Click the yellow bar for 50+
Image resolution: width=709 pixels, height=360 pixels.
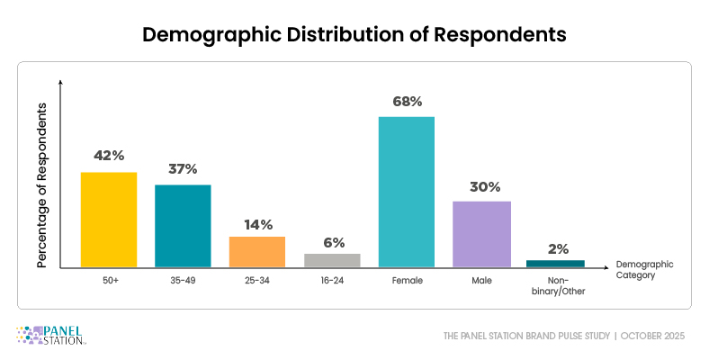click(109, 220)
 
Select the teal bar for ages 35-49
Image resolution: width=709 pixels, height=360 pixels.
click(183, 226)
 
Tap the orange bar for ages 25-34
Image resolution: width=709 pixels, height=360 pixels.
click(256, 252)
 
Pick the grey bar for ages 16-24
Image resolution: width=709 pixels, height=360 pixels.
click(332, 260)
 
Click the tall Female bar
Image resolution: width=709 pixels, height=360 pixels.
click(406, 192)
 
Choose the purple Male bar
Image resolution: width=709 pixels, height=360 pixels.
click(481, 234)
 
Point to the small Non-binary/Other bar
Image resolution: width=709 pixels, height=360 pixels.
click(555, 264)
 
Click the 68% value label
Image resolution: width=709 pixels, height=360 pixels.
click(407, 101)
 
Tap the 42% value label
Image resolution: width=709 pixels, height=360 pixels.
click(109, 156)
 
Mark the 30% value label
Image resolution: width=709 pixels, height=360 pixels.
click(482, 186)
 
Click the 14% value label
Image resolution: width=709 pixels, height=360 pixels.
click(257, 223)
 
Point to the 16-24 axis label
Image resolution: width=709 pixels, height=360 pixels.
click(332, 281)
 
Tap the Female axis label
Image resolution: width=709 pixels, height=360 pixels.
click(407, 281)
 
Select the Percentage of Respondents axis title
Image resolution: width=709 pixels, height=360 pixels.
click(41, 185)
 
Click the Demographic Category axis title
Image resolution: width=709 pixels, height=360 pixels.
click(643, 270)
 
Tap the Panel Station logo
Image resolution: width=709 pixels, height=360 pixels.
click(51, 335)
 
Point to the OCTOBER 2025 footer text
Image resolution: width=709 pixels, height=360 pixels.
click(655, 336)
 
